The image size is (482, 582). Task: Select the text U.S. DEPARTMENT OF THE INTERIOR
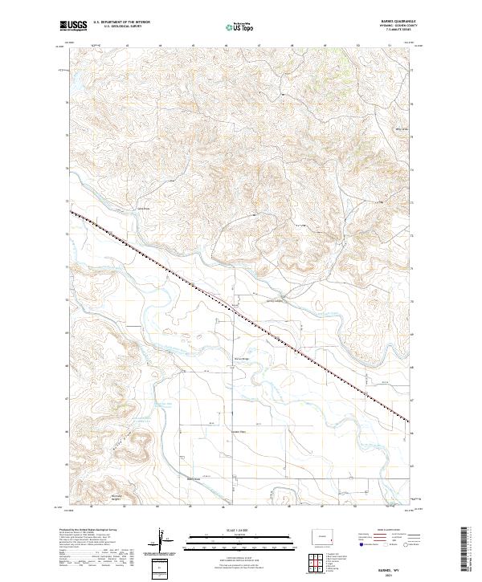pos(121,22)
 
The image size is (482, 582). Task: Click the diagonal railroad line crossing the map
pos(241,313)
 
